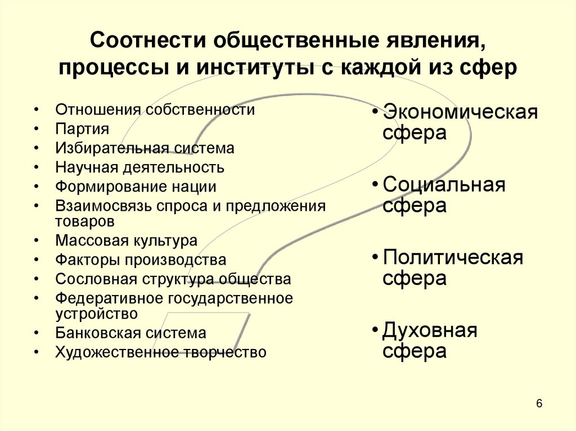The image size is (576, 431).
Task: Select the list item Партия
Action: tap(82, 129)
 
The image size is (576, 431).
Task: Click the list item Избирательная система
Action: tap(145, 148)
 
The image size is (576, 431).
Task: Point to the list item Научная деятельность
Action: tap(139, 167)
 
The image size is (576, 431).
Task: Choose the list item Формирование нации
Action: tap(136, 186)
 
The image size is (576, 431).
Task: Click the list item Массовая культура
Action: tap(127, 241)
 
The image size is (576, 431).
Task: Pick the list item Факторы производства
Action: tap(141, 260)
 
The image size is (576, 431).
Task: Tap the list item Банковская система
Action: tap(131, 333)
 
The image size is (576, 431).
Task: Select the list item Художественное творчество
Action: tap(161, 352)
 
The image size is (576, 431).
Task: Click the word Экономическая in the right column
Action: tap(460, 112)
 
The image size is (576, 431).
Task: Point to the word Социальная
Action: tap(444, 185)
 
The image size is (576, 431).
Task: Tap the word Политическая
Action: tap(453, 258)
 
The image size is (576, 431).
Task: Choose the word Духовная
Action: tap(430, 330)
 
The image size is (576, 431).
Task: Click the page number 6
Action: tap(539, 404)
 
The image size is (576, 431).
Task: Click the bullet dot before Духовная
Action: tap(375, 332)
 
